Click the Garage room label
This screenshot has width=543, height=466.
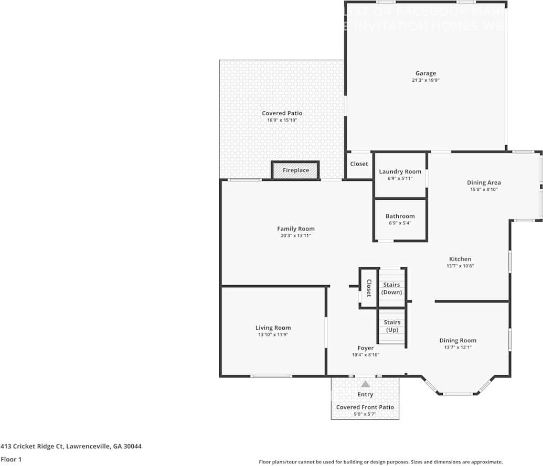coord(425,73)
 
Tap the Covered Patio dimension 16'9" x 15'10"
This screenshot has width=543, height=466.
coord(282,121)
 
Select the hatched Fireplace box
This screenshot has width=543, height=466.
coord(295,170)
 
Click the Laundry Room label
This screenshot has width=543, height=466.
coord(400,171)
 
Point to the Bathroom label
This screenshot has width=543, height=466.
coord(400,216)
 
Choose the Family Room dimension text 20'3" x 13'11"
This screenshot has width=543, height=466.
coord(296,236)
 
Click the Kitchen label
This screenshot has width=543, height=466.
coord(460,259)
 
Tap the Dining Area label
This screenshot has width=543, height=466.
coord(484,182)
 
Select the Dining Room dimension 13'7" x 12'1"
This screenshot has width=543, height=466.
coord(457,347)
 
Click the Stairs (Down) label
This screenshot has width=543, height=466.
coord(391,288)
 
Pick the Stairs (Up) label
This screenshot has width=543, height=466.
coord(392,326)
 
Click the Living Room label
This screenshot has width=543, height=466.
coord(273,328)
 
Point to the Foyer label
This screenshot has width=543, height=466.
coord(366,348)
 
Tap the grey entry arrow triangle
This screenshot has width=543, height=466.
coord(365,384)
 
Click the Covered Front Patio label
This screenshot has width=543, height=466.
coord(365,407)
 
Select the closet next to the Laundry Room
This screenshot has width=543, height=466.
coord(359,164)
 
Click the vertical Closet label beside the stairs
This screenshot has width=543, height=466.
coord(368,288)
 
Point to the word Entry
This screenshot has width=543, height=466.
coord(365,394)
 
